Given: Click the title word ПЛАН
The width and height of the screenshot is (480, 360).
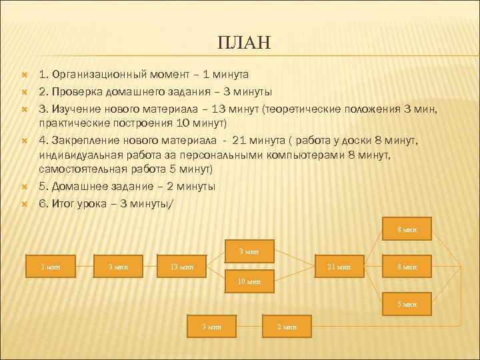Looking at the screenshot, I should point(244,43).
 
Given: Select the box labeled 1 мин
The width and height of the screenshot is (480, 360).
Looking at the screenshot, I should point(51,266).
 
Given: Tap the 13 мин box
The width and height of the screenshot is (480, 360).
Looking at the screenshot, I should point(181,266).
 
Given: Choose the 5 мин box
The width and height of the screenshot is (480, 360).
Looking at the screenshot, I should point(407,303).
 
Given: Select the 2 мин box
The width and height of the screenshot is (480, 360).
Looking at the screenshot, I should point(287,326).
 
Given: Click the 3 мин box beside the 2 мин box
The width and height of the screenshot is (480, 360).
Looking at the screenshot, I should point(212,326).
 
